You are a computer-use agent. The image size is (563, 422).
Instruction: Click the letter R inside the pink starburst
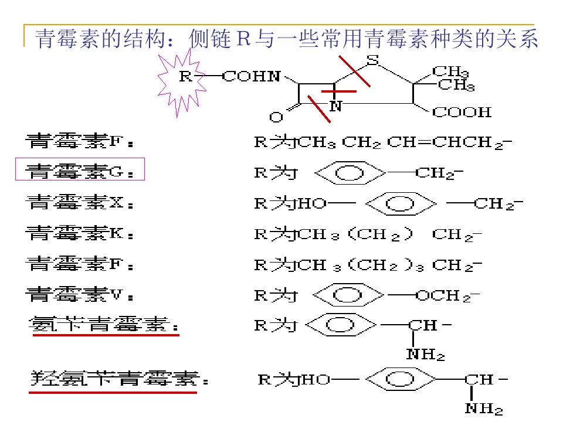185,76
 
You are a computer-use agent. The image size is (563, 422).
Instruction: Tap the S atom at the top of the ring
373,60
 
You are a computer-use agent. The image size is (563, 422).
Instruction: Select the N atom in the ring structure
335,106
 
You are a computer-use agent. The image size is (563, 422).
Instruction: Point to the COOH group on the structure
462,112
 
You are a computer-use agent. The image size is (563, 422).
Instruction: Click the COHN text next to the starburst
252,76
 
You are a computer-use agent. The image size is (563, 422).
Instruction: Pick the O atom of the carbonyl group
276,117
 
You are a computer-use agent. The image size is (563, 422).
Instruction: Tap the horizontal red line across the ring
338,91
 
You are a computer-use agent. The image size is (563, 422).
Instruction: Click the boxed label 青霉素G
80,171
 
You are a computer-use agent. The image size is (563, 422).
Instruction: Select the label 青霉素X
80,202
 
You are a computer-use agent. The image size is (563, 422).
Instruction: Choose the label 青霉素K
80,233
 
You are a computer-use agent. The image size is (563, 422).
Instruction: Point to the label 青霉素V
80,295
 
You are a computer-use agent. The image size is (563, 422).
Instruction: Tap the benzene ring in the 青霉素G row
350,173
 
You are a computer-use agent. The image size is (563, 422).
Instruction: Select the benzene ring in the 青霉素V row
348,295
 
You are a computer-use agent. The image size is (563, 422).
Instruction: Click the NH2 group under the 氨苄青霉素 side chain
426,355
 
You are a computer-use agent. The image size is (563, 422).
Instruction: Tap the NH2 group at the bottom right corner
484,409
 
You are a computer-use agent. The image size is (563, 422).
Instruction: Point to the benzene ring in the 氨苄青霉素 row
340,325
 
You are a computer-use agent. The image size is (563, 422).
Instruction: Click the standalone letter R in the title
243,39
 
